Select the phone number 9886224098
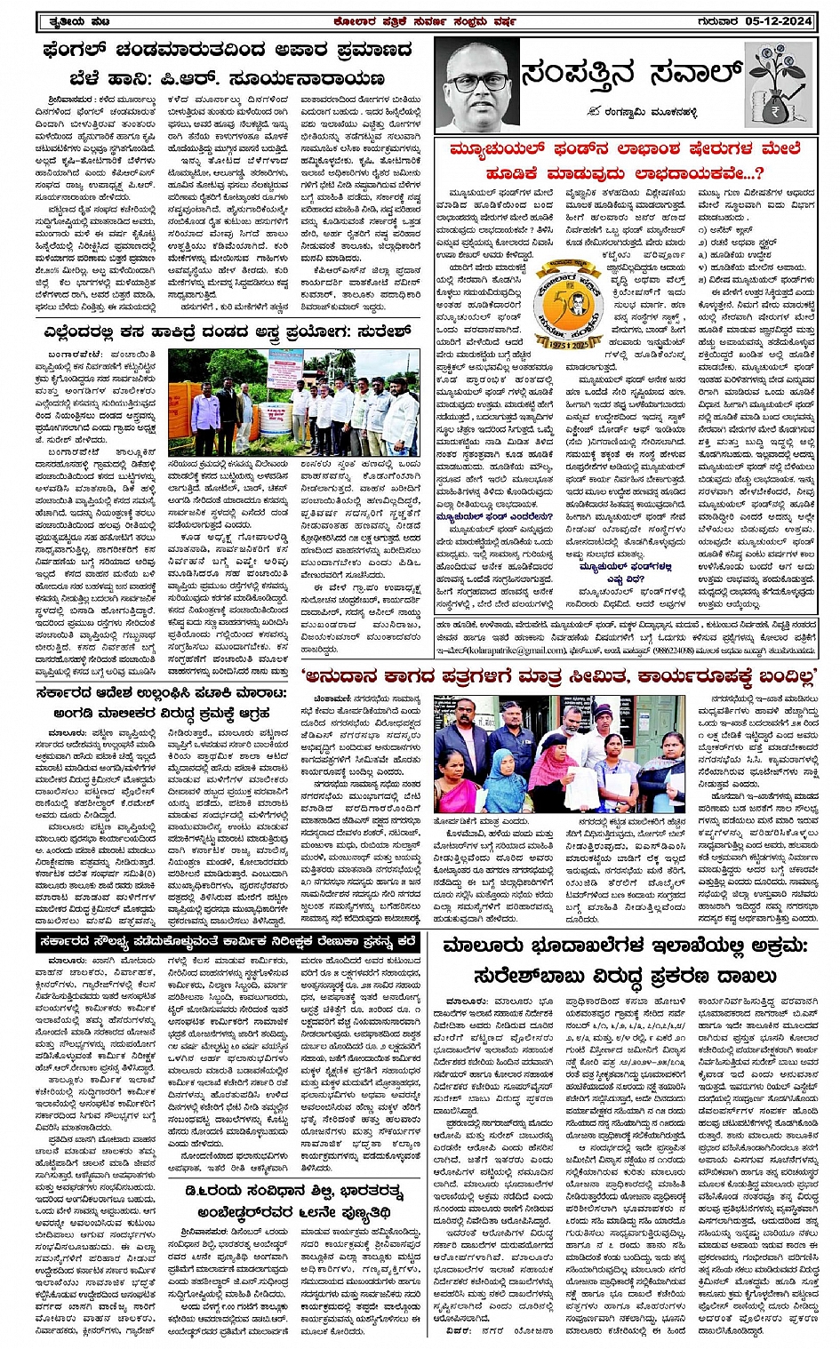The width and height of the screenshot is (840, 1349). pos(653,651)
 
